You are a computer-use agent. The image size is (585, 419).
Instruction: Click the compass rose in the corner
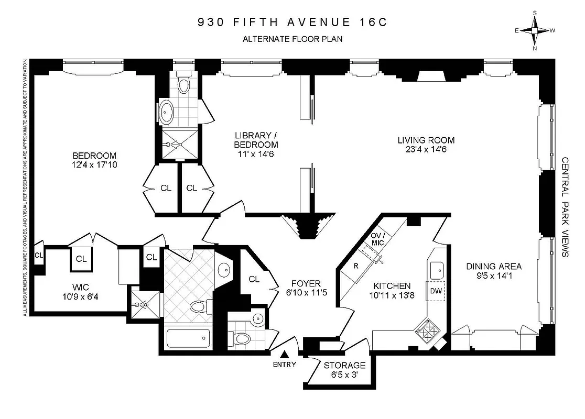point(535,30)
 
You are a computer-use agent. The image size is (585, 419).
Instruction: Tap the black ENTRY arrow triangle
point(285,355)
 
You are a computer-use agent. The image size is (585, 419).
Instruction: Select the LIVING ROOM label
point(426,140)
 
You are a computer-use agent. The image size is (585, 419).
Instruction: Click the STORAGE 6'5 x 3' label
point(344,365)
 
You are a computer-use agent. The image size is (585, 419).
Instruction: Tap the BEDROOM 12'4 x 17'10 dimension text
point(94,165)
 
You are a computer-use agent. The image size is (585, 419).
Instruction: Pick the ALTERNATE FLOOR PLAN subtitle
point(292,38)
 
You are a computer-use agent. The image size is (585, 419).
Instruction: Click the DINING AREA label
point(494,267)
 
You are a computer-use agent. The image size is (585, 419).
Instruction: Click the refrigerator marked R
point(356,266)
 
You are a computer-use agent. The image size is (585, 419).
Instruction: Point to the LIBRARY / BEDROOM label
point(256,140)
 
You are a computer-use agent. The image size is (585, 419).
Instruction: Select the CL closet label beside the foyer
point(254,279)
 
